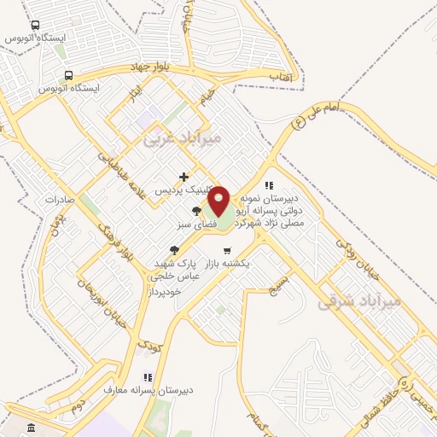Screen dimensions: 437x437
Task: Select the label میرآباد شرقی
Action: (359, 300)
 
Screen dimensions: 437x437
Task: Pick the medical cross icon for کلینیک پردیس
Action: (184, 177)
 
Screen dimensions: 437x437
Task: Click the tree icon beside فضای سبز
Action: (197, 211)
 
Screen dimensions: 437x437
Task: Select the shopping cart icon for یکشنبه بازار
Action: (226, 250)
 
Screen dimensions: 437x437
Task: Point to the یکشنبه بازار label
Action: (226, 264)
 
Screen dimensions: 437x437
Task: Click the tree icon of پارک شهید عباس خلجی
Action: (175, 250)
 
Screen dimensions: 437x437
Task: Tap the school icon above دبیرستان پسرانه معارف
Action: (148, 376)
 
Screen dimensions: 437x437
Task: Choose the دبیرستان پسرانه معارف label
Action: (148, 390)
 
